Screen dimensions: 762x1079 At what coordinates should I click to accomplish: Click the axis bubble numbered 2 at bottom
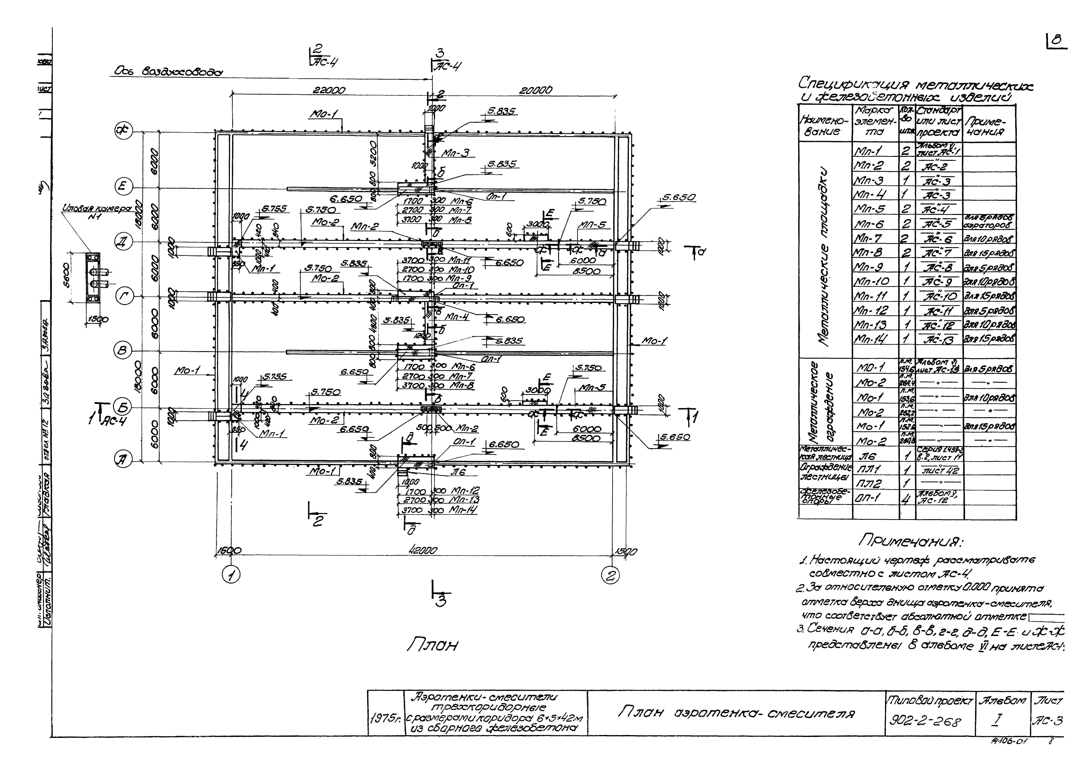610,575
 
